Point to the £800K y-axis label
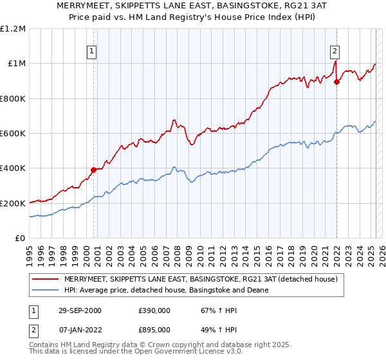(13, 98)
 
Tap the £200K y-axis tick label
(13, 203)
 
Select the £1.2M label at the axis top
(14, 28)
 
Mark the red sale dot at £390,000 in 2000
(94, 170)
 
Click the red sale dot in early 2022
(336, 82)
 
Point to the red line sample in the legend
(46, 279)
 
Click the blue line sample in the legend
(46, 290)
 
